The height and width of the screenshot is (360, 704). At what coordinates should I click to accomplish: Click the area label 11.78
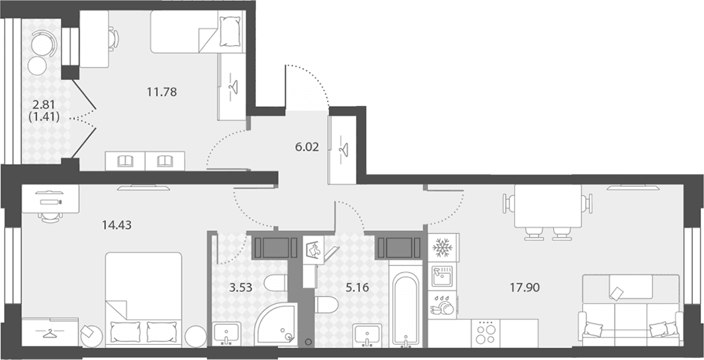161,93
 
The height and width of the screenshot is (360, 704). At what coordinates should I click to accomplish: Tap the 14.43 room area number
116,226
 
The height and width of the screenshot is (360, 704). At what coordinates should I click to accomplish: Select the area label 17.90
525,287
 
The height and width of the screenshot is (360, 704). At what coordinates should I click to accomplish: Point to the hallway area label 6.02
307,147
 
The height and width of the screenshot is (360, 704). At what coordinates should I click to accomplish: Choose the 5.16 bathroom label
357,287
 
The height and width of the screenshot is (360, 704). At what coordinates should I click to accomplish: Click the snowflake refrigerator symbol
443,247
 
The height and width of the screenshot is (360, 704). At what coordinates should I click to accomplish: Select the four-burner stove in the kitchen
486,333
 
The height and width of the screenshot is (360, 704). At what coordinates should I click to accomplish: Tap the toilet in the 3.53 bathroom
275,284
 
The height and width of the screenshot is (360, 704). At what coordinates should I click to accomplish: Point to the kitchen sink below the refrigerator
443,275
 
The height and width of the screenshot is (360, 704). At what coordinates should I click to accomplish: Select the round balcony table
37,66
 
